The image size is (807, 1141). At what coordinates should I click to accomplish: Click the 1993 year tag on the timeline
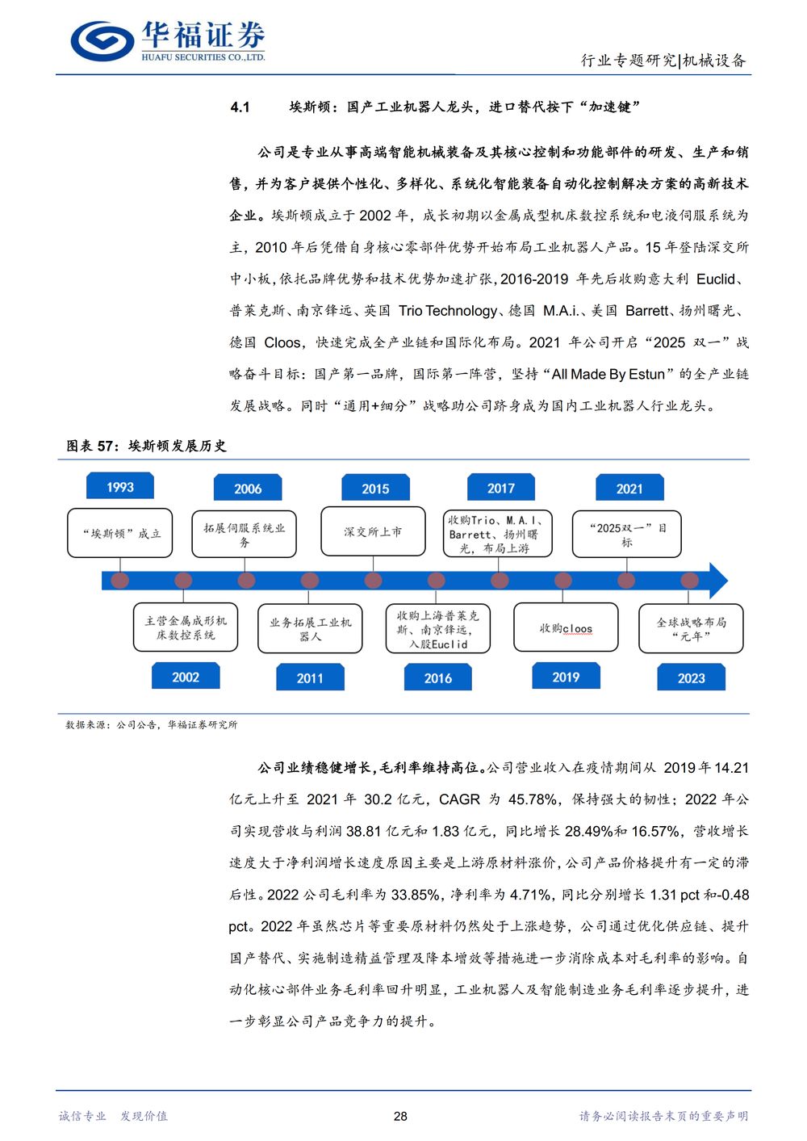(x=120, y=486)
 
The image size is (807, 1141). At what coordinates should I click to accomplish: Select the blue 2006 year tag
(x=248, y=488)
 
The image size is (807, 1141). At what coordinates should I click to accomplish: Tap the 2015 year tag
(x=375, y=488)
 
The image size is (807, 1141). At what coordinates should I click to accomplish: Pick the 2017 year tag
(x=501, y=487)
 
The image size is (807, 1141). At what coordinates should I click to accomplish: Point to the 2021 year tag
(x=629, y=488)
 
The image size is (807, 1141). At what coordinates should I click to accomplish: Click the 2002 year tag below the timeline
(x=186, y=676)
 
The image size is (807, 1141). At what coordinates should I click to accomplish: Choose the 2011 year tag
(x=310, y=677)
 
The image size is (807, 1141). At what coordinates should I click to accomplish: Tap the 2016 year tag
(x=438, y=677)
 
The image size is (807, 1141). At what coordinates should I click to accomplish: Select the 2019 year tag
(x=566, y=676)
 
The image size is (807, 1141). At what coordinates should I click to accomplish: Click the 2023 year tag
(x=691, y=677)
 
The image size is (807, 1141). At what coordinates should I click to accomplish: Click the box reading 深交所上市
(x=373, y=531)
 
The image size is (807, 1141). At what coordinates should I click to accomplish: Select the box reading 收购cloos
(x=566, y=627)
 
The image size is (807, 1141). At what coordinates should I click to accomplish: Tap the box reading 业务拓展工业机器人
(x=310, y=628)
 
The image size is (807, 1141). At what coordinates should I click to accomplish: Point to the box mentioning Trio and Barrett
(x=497, y=533)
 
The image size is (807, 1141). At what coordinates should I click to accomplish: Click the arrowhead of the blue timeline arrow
(x=718, y=581)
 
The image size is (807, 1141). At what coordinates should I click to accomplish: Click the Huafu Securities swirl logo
(x=102, y=40)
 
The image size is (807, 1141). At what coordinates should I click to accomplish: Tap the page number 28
(x=401, y=1116)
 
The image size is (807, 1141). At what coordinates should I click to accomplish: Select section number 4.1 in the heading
(x=240, y=107)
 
